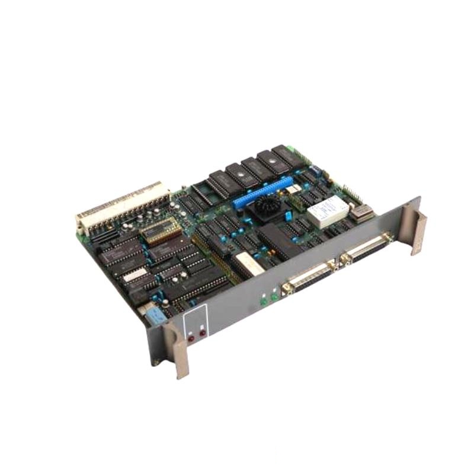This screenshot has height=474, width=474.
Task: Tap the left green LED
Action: [x=263, y=302]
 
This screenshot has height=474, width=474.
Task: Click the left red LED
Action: [x=191, y=338]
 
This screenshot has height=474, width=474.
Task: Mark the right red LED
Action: [x=203, y=333]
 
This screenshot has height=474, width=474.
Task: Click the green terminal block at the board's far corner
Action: [x=292, y=150]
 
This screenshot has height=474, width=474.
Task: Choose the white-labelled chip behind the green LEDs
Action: [x=248, y=263]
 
